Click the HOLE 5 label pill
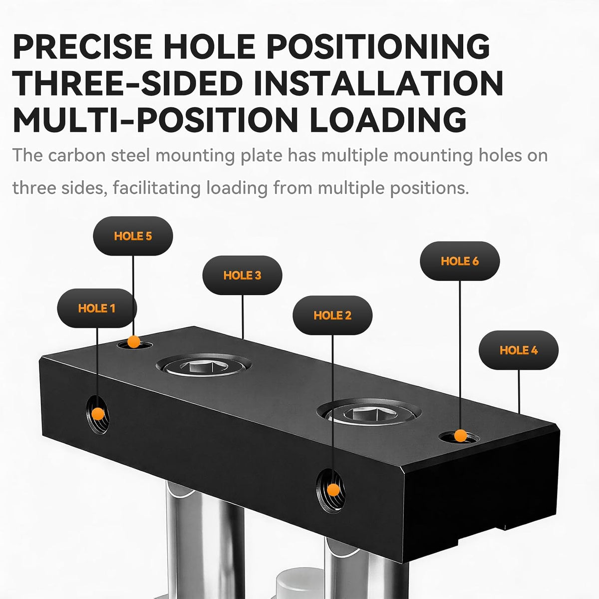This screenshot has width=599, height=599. (x=133, y=236)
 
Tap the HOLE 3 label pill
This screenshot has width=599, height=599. (x=242, y=275)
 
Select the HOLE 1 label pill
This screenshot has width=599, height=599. (x=97, y=308)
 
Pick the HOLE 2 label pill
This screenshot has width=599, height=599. (x=332, y=315)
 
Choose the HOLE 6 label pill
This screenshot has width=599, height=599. (x=460, y=261)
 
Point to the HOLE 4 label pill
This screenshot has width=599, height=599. (x=519, y=350)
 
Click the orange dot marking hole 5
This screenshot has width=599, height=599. (x=134, y=341)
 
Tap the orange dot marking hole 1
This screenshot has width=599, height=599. (x=98, y=414)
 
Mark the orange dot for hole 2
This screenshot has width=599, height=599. (x=333, y=490)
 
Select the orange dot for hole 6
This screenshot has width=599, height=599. (x=460, y=435)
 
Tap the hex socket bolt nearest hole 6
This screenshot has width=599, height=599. (x=369, y=412)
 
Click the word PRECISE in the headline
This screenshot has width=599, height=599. (x=83, y=46)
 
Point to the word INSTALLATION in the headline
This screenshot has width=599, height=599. (x=378, y=83)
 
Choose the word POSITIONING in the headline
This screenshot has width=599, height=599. (x=378, y=46)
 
